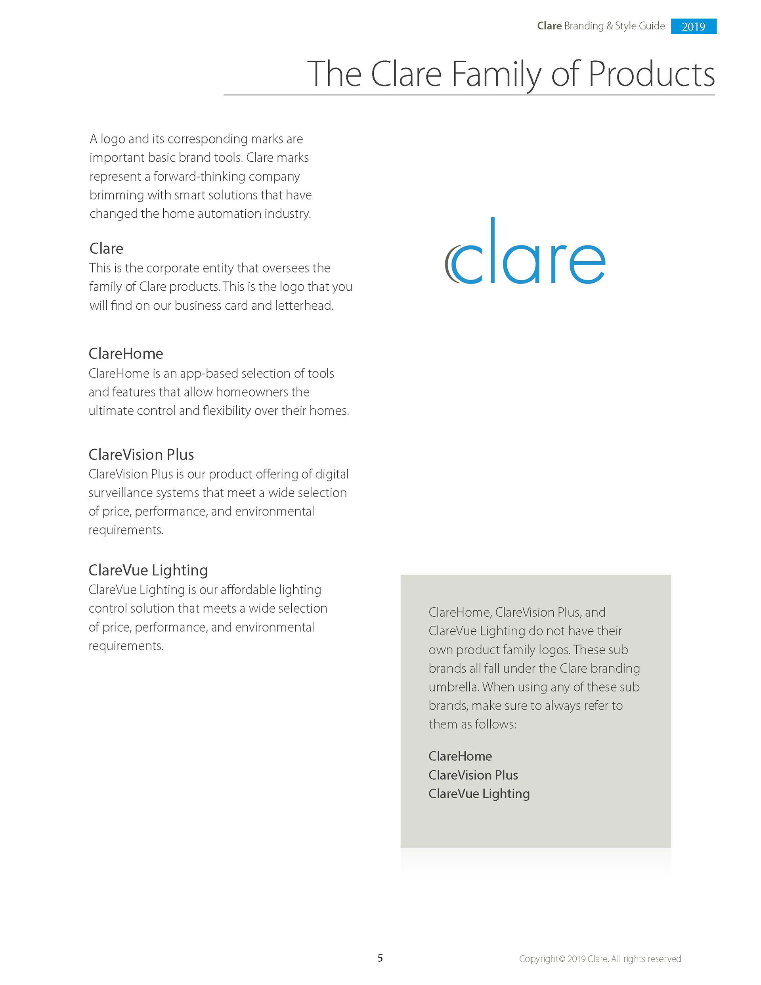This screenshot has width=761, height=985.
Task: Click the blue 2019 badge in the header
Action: pyautogui.click(x=693, y=26)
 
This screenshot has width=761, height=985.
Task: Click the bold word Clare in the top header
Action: pyautogui.click(x=549, y=26)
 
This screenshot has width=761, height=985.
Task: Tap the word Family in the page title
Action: pyautogui.click(x=496, y=75)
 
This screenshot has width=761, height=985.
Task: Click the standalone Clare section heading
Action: pyautogui.click(x=106, y=248)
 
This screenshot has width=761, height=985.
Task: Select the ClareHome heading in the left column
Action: pyautogui.click(x=126, y=354)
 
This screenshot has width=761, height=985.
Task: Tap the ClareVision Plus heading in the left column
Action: pyautogui.click(x=141, y=454)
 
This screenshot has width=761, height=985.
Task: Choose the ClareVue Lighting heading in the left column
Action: pyautogui.click(x=148, y=570)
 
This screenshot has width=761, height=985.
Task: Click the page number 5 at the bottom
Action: pyautogui.click(x=380, y=958)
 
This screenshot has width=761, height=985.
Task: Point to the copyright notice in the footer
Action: pyautogui.click(x=600, y=959)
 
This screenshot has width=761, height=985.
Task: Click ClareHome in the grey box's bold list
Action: pyautogui.click(x=460, y=756)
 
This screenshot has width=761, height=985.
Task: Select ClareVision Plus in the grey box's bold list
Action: pyautogui.click(x=473, y=775)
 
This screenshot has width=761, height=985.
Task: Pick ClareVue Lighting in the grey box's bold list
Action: pyautogui.click(x=479, y=793)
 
